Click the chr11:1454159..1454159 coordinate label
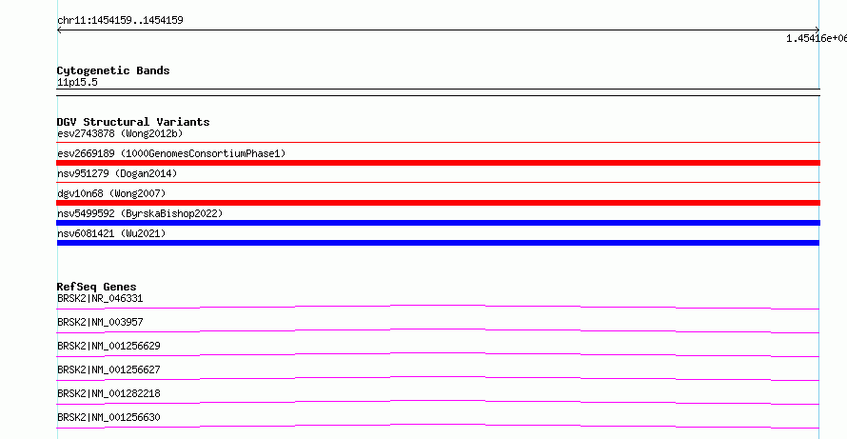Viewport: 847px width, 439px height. click(x=120, y=21)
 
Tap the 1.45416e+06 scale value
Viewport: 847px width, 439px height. click(x=817, y=38)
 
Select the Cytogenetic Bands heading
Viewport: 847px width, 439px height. click(x=113, y=70)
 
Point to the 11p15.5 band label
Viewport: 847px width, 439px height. click(x=77, y=83)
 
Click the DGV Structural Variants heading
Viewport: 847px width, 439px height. click(x=133, y=122)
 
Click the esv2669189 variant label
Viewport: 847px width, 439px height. click(x=171, y=153)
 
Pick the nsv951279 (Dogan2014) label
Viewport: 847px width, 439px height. click(x=117, y=173)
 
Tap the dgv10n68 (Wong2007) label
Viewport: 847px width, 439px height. click(x=111, y=193)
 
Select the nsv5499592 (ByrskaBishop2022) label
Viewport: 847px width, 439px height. click(x=140, y=213)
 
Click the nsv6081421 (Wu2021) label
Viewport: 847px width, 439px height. click(x=111, y=233)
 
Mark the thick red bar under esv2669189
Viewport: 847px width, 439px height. click(x=438, y=163)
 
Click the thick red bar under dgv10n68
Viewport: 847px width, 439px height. click(x=438, y=203)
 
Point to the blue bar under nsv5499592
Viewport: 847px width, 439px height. click(x=438, y=223)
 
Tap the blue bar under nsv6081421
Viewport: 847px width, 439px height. click(x=438, y=243)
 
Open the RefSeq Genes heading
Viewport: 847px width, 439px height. click(x=97, y=287)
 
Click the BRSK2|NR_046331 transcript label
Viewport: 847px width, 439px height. click(x=100, y=298)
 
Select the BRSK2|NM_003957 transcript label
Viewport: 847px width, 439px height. click(x=100, y=322)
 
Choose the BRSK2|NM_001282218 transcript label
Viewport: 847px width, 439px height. click(x=108, y=393)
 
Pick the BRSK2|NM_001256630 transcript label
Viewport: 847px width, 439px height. click(x=108, y=417)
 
